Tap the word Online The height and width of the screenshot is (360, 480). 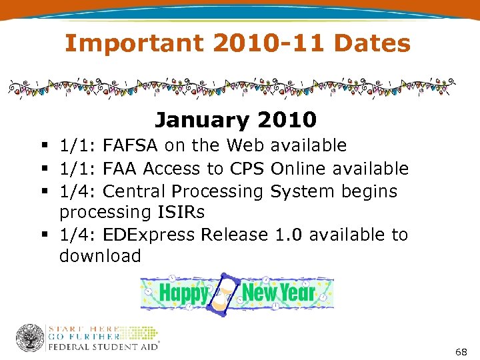(x=303, y=169)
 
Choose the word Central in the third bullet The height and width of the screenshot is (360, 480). (x=136, y=191)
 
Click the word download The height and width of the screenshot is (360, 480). (x=100, y=256)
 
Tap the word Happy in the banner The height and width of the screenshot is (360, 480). (x=183, y=293)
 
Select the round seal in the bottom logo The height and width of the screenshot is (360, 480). (x=29, y=338)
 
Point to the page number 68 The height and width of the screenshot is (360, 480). (x=461, y=351)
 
